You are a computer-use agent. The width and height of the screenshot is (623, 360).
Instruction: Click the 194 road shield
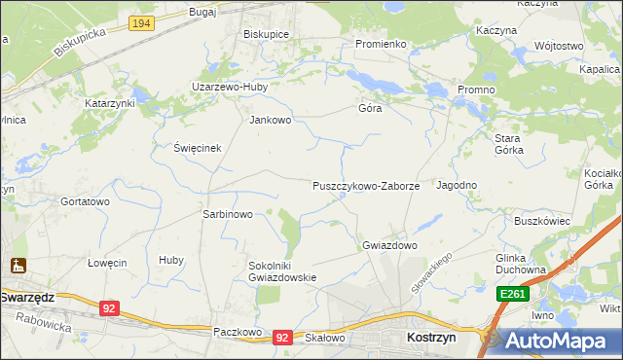point(142,22)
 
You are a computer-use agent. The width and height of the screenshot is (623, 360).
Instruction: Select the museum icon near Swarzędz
point(18,265)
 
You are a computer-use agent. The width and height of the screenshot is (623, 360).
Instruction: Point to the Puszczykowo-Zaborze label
point(366,186)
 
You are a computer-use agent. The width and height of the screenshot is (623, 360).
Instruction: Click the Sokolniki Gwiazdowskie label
point(283,270)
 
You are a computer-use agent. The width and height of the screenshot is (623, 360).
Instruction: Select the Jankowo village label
point(271,121)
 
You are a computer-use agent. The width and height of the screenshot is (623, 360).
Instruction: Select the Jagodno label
point(457,185)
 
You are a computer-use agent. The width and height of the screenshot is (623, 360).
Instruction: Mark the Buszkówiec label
point(541,221)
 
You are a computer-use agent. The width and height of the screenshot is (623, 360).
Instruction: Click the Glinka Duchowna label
point(517,265)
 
